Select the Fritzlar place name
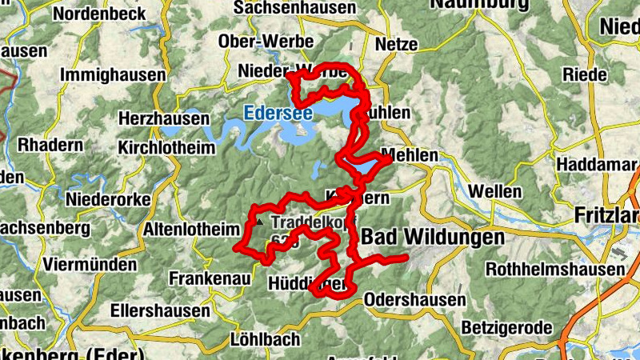pyautogui.click(x=606, y=216)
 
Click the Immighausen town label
pyautogui.click(x=112, y=75)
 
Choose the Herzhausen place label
pyautogui.click(x=163, y=118)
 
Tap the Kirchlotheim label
pyautogui.click(x=166, y=148)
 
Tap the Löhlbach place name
pyautogui.click(x=264, y=339)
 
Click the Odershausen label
pyautogui.click(x=414, y=300)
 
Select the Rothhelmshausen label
pyautogui.click(x=554, y=269)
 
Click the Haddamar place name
pyautogui.click(x=593, y=163)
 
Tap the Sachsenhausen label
pyautogui.click(x=295, y=7)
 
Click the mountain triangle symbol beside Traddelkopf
pyautogui.click(x=258, y=220)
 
